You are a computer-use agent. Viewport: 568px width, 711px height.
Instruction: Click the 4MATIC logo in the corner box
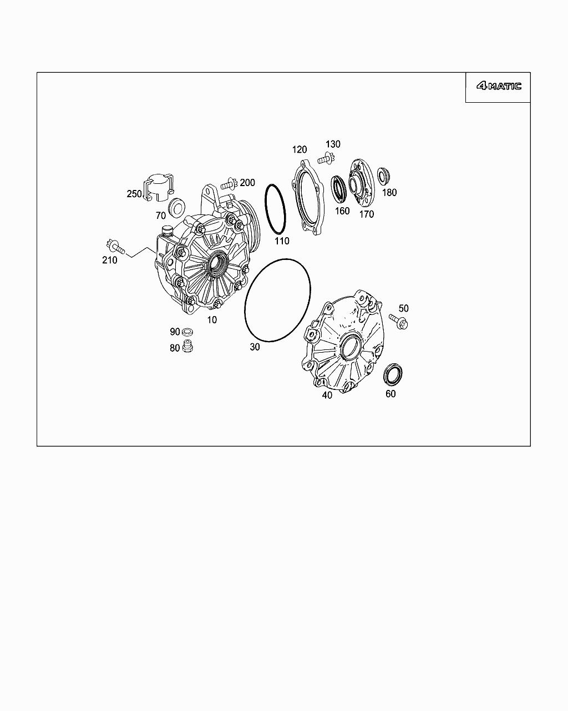click(499, 86)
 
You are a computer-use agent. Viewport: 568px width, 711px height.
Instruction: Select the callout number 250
click(134, 194)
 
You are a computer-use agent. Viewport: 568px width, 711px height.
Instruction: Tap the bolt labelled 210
click(115, 247)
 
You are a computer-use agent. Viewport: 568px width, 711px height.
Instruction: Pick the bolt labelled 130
click(326, 158)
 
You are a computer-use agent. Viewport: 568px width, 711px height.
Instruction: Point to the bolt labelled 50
click(399, 320)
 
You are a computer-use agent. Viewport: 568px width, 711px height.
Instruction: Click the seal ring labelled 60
click(393, 374)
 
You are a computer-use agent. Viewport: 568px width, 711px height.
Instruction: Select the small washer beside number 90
click(187, 331)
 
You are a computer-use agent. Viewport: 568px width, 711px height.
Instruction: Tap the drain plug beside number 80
click(187, 346)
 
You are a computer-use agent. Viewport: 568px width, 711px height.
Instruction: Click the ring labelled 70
click(176, 208)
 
